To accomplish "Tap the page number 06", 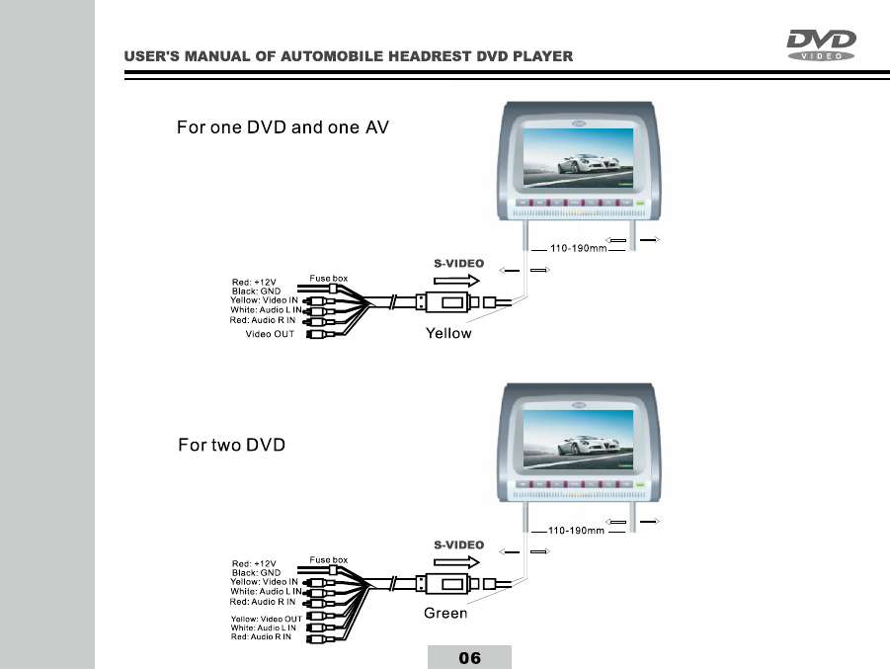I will (x=469, y=658).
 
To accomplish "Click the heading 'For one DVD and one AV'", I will (x=290, y=126).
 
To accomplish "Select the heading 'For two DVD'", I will (x=231, y=445).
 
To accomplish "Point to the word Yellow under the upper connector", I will (x=448, y=333).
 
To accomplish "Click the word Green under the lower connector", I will (x=445, y=614).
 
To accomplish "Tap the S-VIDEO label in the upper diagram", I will (x=459, y=264).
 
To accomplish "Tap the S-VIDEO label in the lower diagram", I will (x=459, y=544).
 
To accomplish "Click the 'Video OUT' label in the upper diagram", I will (x=270, y=334).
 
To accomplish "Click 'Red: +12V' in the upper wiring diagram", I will (x=254, y=283).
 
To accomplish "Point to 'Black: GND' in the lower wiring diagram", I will (x=256, y=572).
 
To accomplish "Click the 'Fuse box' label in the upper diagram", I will (x=329, y=279).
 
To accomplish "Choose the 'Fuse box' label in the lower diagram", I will (x=329, y=559).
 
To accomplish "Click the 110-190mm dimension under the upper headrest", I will (x=578, y=249).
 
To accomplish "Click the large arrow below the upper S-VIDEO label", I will (x=457, y=281).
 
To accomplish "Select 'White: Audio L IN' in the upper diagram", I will (x=266, y=310).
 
